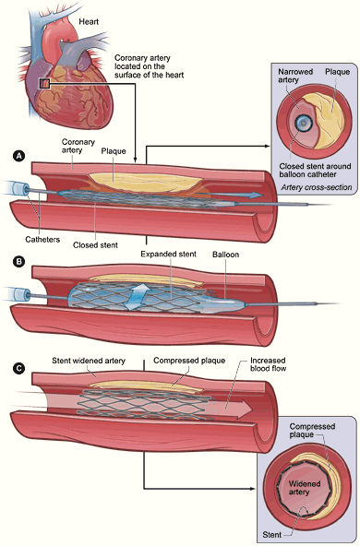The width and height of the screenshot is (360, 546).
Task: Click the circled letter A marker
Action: point(17,158)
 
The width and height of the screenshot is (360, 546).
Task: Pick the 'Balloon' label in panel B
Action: point(226,252)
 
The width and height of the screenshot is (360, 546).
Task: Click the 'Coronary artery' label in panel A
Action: point(78,146)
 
